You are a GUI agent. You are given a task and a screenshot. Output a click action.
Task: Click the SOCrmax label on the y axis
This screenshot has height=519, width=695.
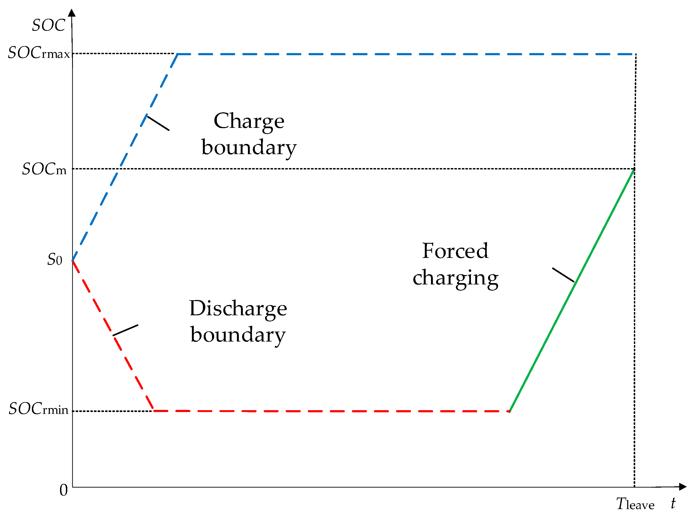(39, 53)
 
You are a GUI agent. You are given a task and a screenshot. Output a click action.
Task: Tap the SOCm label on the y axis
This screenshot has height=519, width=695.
(44, 169)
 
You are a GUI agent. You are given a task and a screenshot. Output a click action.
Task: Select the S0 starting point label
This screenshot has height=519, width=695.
(55, 259)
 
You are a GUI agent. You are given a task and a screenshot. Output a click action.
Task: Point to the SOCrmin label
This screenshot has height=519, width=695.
(38, 409)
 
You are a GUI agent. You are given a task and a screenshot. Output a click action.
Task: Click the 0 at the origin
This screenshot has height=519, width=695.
(64, 490)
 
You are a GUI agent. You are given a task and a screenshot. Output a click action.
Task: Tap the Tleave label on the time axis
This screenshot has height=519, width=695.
(635, 504)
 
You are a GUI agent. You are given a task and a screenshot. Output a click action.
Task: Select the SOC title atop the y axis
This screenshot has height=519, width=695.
(49, 25)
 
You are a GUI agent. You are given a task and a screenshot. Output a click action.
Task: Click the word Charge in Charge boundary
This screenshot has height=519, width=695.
(249, 121)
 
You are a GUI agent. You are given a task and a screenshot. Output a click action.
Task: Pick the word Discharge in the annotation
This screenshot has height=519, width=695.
(238, 309)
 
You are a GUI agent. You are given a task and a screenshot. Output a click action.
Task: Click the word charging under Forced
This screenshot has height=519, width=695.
(455, 278)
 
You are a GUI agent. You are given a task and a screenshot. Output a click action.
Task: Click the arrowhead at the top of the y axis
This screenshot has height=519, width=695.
(72, 13)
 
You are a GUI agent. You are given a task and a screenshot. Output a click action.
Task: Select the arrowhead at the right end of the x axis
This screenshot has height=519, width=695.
(682, 487)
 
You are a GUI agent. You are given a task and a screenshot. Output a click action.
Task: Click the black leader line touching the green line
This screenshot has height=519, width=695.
(563, 275)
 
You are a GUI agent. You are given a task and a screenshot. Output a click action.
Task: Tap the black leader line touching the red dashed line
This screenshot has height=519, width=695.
(125, 330)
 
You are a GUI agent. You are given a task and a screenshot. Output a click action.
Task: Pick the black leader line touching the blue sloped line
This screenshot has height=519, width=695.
(158, 123)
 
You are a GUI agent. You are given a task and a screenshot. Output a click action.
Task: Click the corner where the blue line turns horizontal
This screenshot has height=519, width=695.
(178, 54)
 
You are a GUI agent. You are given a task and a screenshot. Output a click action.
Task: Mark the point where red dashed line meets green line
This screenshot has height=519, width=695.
(510, 411)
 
